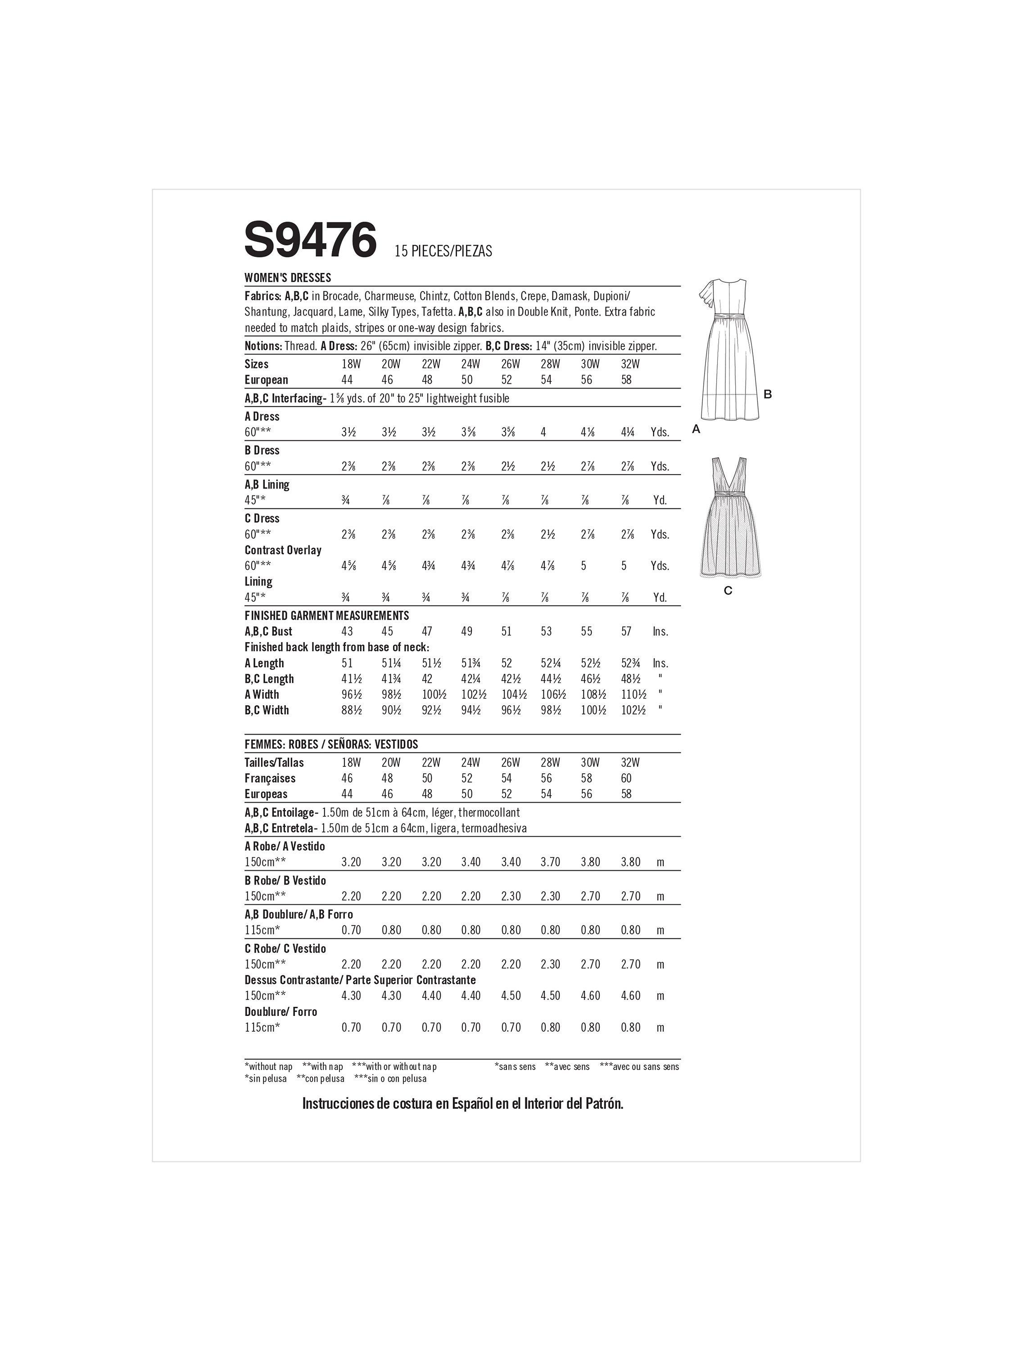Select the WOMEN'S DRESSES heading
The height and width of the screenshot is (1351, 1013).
coord(288,277)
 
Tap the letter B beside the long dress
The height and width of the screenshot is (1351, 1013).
coord(768,394)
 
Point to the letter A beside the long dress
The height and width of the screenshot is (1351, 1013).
coord(696,429)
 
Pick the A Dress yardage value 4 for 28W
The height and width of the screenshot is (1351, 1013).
coord(543,432)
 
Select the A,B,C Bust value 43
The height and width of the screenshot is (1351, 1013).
coord(347,631)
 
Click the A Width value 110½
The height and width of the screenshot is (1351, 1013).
coord(633,694)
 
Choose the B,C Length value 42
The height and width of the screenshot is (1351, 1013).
coord(427,679)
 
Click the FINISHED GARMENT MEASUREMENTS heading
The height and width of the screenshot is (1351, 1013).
coord(327,616)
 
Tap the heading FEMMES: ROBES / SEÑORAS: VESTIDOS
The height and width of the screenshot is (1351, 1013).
coord(331,744)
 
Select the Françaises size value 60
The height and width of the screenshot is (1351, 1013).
coord(627,778)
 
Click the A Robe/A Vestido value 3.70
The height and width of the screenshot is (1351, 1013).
coord(550,862)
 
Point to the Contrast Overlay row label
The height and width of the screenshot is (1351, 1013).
coord(283,550)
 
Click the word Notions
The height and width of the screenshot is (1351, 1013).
coord(262,346)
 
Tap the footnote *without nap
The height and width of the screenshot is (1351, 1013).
coord(269,1066)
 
